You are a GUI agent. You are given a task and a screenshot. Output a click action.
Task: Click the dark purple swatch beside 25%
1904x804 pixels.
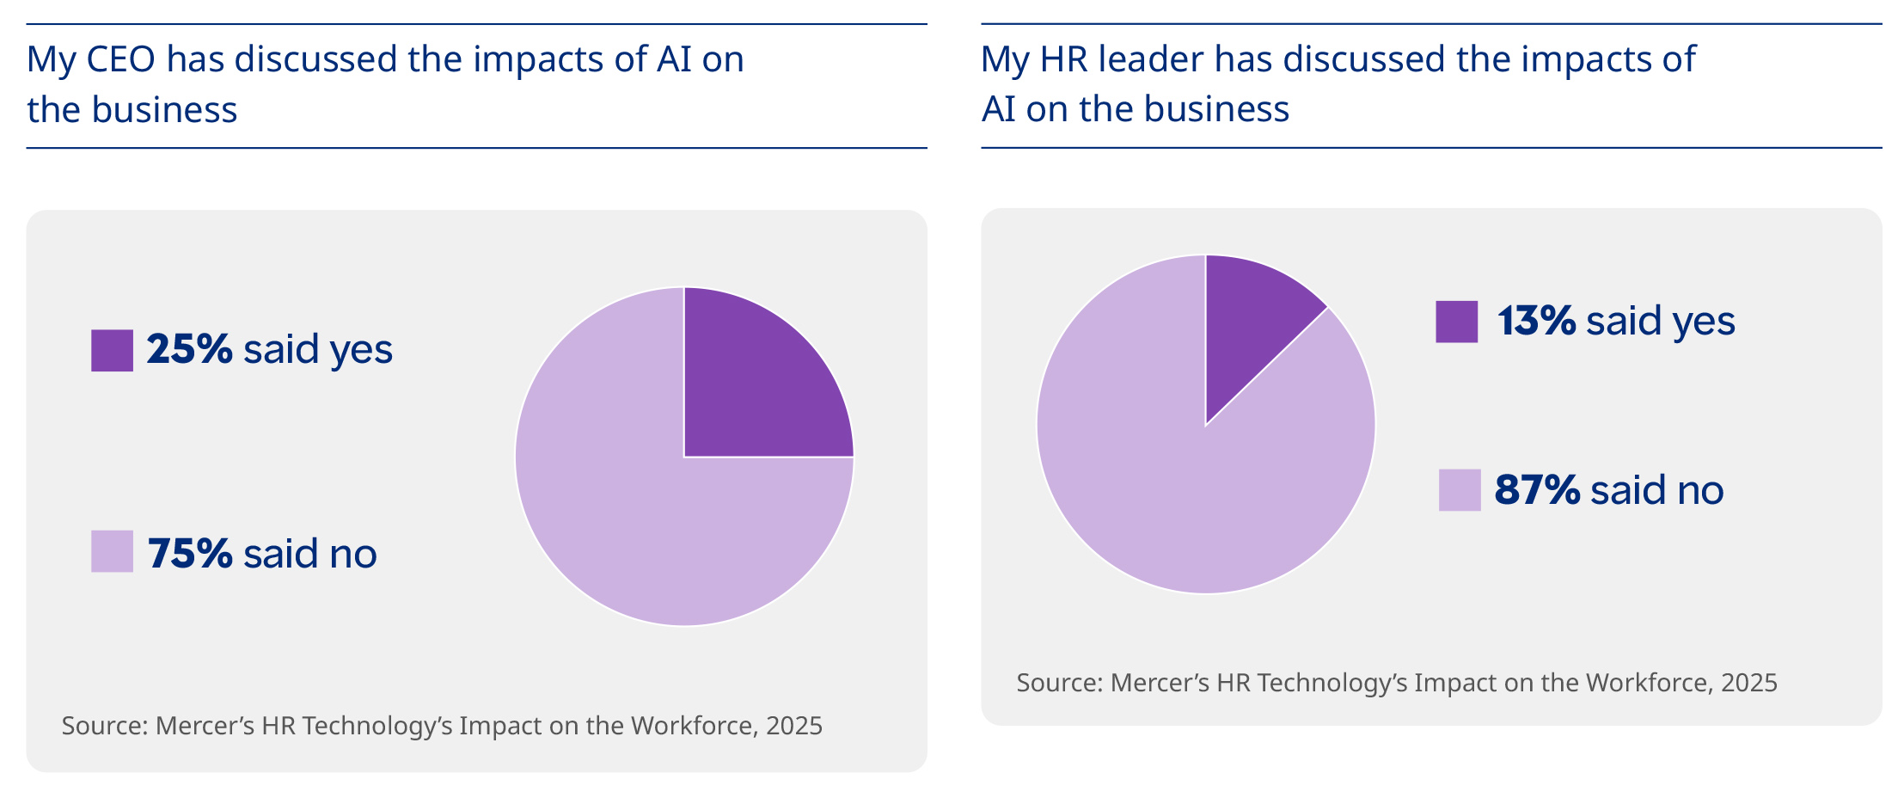coord(112,350)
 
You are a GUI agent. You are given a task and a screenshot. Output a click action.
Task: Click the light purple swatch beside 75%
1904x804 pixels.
coord(112,551)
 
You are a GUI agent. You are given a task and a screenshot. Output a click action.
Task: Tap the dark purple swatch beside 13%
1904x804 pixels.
coord(1456,322)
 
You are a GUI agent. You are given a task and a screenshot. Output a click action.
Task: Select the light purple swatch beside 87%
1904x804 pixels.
coord(1460,490)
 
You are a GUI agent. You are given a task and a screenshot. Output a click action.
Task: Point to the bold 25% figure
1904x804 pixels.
coord(189,349)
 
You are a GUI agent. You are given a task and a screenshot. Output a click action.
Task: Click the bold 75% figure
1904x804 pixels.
coord(190,553)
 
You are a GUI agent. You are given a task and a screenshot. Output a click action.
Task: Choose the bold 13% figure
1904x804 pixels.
coord(1536,321)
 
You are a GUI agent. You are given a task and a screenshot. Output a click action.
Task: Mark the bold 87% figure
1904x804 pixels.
coord(1537,490)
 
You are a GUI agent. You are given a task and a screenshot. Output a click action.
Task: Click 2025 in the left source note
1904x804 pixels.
coord(793,726)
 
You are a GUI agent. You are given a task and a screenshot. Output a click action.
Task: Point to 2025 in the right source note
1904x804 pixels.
coord(1748,683)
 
